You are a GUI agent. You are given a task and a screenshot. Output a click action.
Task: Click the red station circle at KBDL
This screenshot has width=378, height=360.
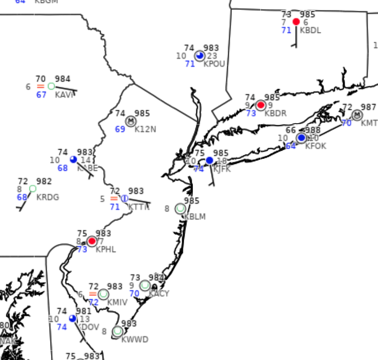coord(296,22)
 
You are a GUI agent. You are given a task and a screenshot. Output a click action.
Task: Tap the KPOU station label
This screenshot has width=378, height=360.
coord(214,64)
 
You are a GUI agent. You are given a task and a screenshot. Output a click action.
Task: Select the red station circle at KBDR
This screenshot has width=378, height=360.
coord(261,105)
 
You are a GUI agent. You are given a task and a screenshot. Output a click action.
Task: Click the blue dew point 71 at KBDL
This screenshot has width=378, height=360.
coord(286,30)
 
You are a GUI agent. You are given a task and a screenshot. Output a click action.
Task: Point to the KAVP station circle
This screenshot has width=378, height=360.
coord(51,86)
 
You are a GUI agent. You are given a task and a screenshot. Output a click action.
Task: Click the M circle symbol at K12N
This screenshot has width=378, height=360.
coord(131,121)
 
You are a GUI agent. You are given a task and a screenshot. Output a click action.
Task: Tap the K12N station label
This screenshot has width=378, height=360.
coord(145,130)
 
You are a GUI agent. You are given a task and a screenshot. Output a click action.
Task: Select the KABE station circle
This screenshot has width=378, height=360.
coord(73,159)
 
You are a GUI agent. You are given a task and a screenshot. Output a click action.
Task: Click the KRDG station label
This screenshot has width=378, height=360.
coord(48,197)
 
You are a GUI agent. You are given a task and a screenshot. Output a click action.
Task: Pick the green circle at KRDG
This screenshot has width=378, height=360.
coord(32,189)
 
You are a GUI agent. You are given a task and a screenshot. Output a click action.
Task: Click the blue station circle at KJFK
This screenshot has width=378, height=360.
coord(210,160)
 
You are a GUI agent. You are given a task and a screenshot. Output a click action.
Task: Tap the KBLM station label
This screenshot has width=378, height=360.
coord(195,217)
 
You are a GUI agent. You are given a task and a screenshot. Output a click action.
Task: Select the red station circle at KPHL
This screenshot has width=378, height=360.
coord(92,241)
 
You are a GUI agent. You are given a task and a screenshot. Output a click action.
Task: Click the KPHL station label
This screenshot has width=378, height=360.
coord(106,250)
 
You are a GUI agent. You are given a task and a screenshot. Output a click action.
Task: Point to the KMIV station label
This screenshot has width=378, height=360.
coord(117,303)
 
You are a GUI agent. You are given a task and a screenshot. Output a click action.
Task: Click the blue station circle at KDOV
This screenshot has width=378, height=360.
coord(73,319)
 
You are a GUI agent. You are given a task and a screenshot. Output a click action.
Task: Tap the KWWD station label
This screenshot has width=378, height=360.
coord(135,339)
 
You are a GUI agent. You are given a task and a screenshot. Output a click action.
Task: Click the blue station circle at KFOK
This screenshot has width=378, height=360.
coord(301,138)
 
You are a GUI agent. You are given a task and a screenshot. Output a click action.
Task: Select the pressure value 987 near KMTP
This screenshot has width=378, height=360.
coord(368,107)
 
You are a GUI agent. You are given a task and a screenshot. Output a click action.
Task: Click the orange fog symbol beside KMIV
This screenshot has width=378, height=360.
coord(93,294)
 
